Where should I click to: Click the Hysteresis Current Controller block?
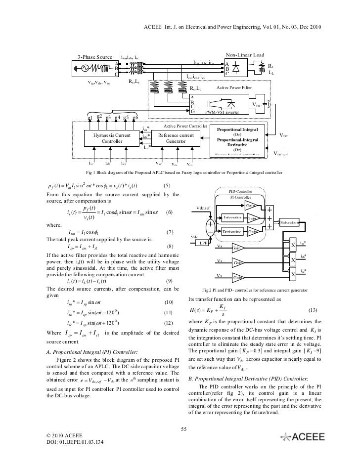point(112,138)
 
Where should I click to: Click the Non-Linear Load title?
point(245,54)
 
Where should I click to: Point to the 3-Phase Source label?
point(94,57)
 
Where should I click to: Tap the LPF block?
point(204,243)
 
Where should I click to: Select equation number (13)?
point(313,310)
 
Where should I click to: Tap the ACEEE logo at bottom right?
point(302,436)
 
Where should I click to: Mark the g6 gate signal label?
point(135,118)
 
